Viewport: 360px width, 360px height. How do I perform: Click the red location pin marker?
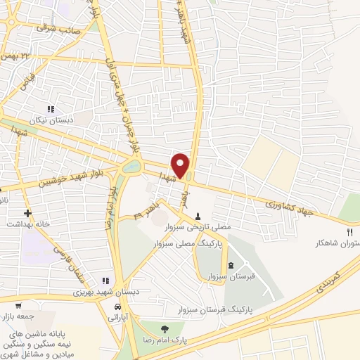(181, 165)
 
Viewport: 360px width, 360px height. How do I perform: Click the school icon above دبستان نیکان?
(50, 109)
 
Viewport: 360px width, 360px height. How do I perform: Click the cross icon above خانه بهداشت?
(27, 212)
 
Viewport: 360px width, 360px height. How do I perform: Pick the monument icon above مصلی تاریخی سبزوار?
(198, 217)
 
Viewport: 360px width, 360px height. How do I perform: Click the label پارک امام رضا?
(165, 340)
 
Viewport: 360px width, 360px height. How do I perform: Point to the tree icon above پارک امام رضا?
(165, 328)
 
